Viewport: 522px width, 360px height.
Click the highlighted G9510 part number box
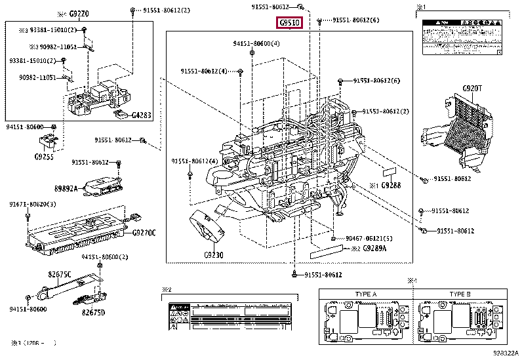point(290,23)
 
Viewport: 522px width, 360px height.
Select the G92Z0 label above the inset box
point(81,12)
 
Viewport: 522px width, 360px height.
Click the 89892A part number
point(84,189)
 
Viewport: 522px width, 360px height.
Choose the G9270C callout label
point(144,232)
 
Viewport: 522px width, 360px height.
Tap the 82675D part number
point(93,313)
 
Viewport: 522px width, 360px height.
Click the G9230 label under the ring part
point(213,254)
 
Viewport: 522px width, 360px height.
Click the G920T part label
point(471,87)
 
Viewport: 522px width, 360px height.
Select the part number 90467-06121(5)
point(369,238)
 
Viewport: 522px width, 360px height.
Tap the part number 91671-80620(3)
point(33,205)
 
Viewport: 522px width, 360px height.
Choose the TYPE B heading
point(462,294)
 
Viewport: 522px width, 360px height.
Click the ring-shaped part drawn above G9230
point(207,228)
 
